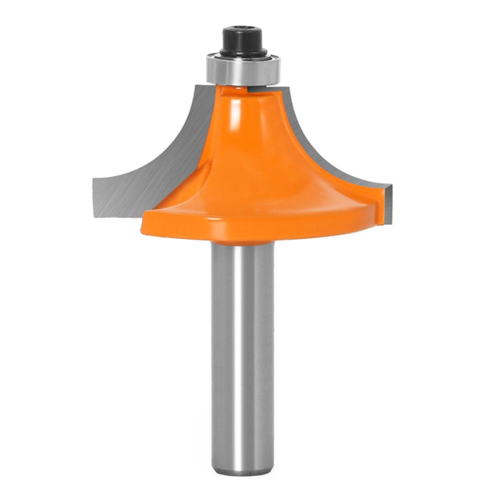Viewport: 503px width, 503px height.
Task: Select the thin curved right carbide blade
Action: [x=332, y=151]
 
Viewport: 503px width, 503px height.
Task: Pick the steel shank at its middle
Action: [x=243, y=352]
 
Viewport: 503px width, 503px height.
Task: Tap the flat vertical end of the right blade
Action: [x=389, y=206]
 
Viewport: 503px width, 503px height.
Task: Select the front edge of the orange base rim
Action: [x=251, y=229]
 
